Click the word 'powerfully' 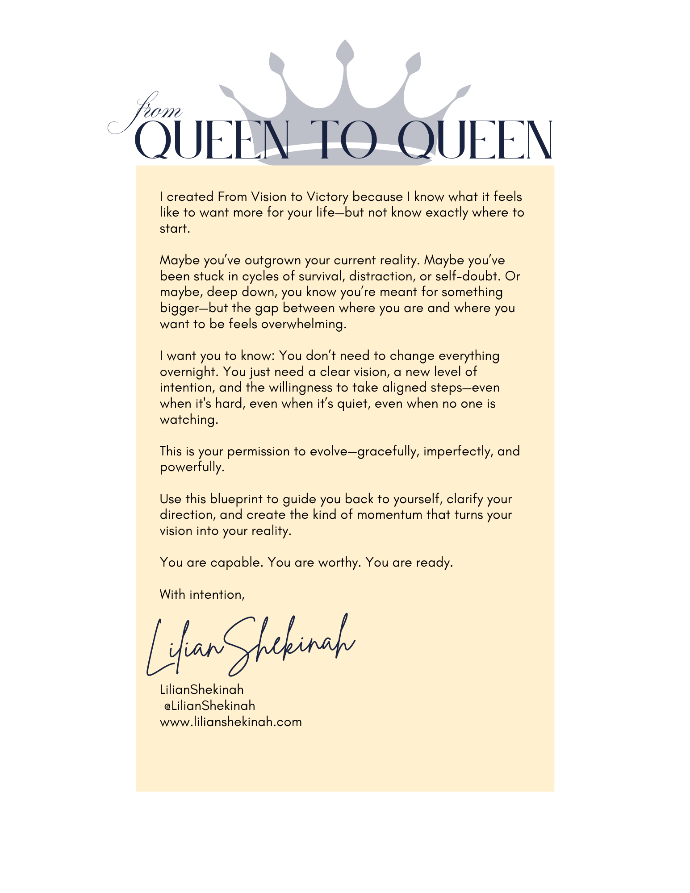(192, 467)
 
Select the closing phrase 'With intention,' (202, 595)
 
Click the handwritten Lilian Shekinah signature (250, 645)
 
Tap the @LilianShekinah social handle (210, 706)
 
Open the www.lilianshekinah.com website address (231, 722)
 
